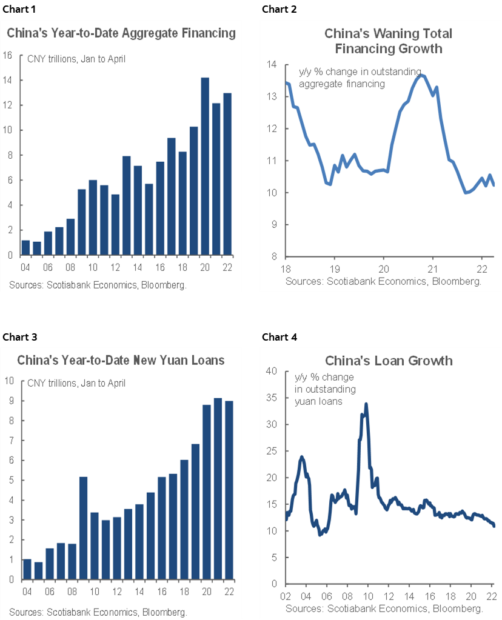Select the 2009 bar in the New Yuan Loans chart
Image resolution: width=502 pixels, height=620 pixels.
(x=84, y=528)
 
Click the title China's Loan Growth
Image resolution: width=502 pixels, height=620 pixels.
(x=389, y=361)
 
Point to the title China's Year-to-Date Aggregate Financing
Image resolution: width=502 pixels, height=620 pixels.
(x=121, y=33)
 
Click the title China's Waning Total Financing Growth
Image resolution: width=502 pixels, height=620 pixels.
(x=389, y=41)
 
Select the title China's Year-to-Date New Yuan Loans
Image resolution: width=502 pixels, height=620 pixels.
(x=121, y=361)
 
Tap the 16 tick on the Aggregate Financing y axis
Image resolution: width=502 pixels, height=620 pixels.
(x=8, y=55)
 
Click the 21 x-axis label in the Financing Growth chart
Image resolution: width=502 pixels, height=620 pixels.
(x=433, y=268)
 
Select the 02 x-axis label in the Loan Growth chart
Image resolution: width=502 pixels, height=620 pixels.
(x=287, y=596)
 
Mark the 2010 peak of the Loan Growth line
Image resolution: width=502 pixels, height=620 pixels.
(x=366, y=404)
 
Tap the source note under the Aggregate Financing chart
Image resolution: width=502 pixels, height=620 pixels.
(x=97, y=284)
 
